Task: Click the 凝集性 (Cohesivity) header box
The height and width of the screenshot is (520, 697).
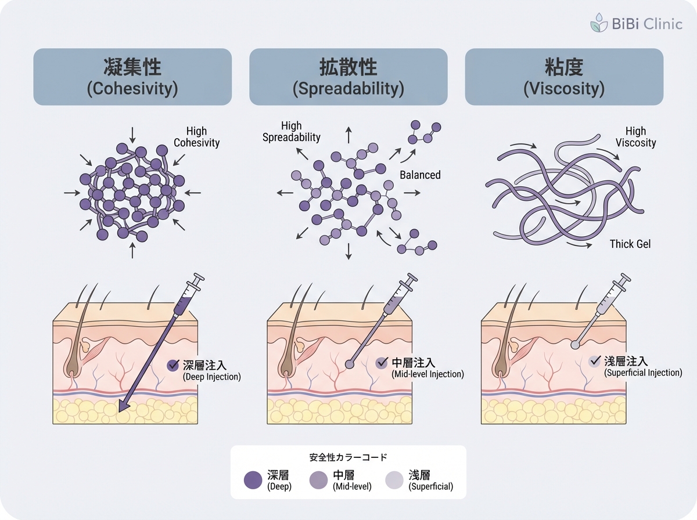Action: click(132, 77)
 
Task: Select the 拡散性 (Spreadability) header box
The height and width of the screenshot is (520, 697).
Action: click(348, 77)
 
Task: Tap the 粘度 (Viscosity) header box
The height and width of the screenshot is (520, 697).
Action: click(564, 77)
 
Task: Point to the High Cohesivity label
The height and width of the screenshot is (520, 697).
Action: click(196, 137)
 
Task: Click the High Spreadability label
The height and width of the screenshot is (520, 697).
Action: click(292, 132)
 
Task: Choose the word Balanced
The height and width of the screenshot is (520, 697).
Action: click(420, 175)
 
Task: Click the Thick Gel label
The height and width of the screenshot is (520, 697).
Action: click(630, 244)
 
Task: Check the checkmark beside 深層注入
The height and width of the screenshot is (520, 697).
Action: click(173, 365)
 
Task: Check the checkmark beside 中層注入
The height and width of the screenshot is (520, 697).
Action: click(382, 363)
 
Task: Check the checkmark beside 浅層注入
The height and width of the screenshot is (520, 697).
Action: click(594, 361)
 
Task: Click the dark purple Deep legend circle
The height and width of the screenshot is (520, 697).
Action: click(253, 480)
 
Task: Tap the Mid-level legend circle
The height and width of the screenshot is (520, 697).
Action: click(318, 480)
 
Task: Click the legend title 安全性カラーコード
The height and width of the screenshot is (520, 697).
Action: click(348, 457)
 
